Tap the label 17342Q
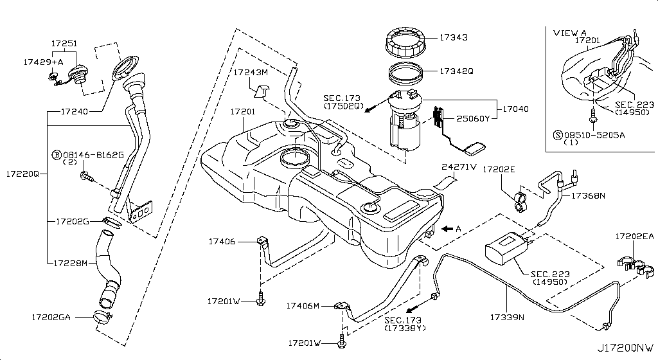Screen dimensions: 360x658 click(456, 71)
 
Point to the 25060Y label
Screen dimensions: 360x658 click(473, 118)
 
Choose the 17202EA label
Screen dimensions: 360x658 click(634, 237)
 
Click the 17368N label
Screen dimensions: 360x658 click(589, 195)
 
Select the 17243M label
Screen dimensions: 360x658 click(250, 72)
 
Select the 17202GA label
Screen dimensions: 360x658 click(51, 317)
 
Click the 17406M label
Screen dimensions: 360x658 click(303, 305)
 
